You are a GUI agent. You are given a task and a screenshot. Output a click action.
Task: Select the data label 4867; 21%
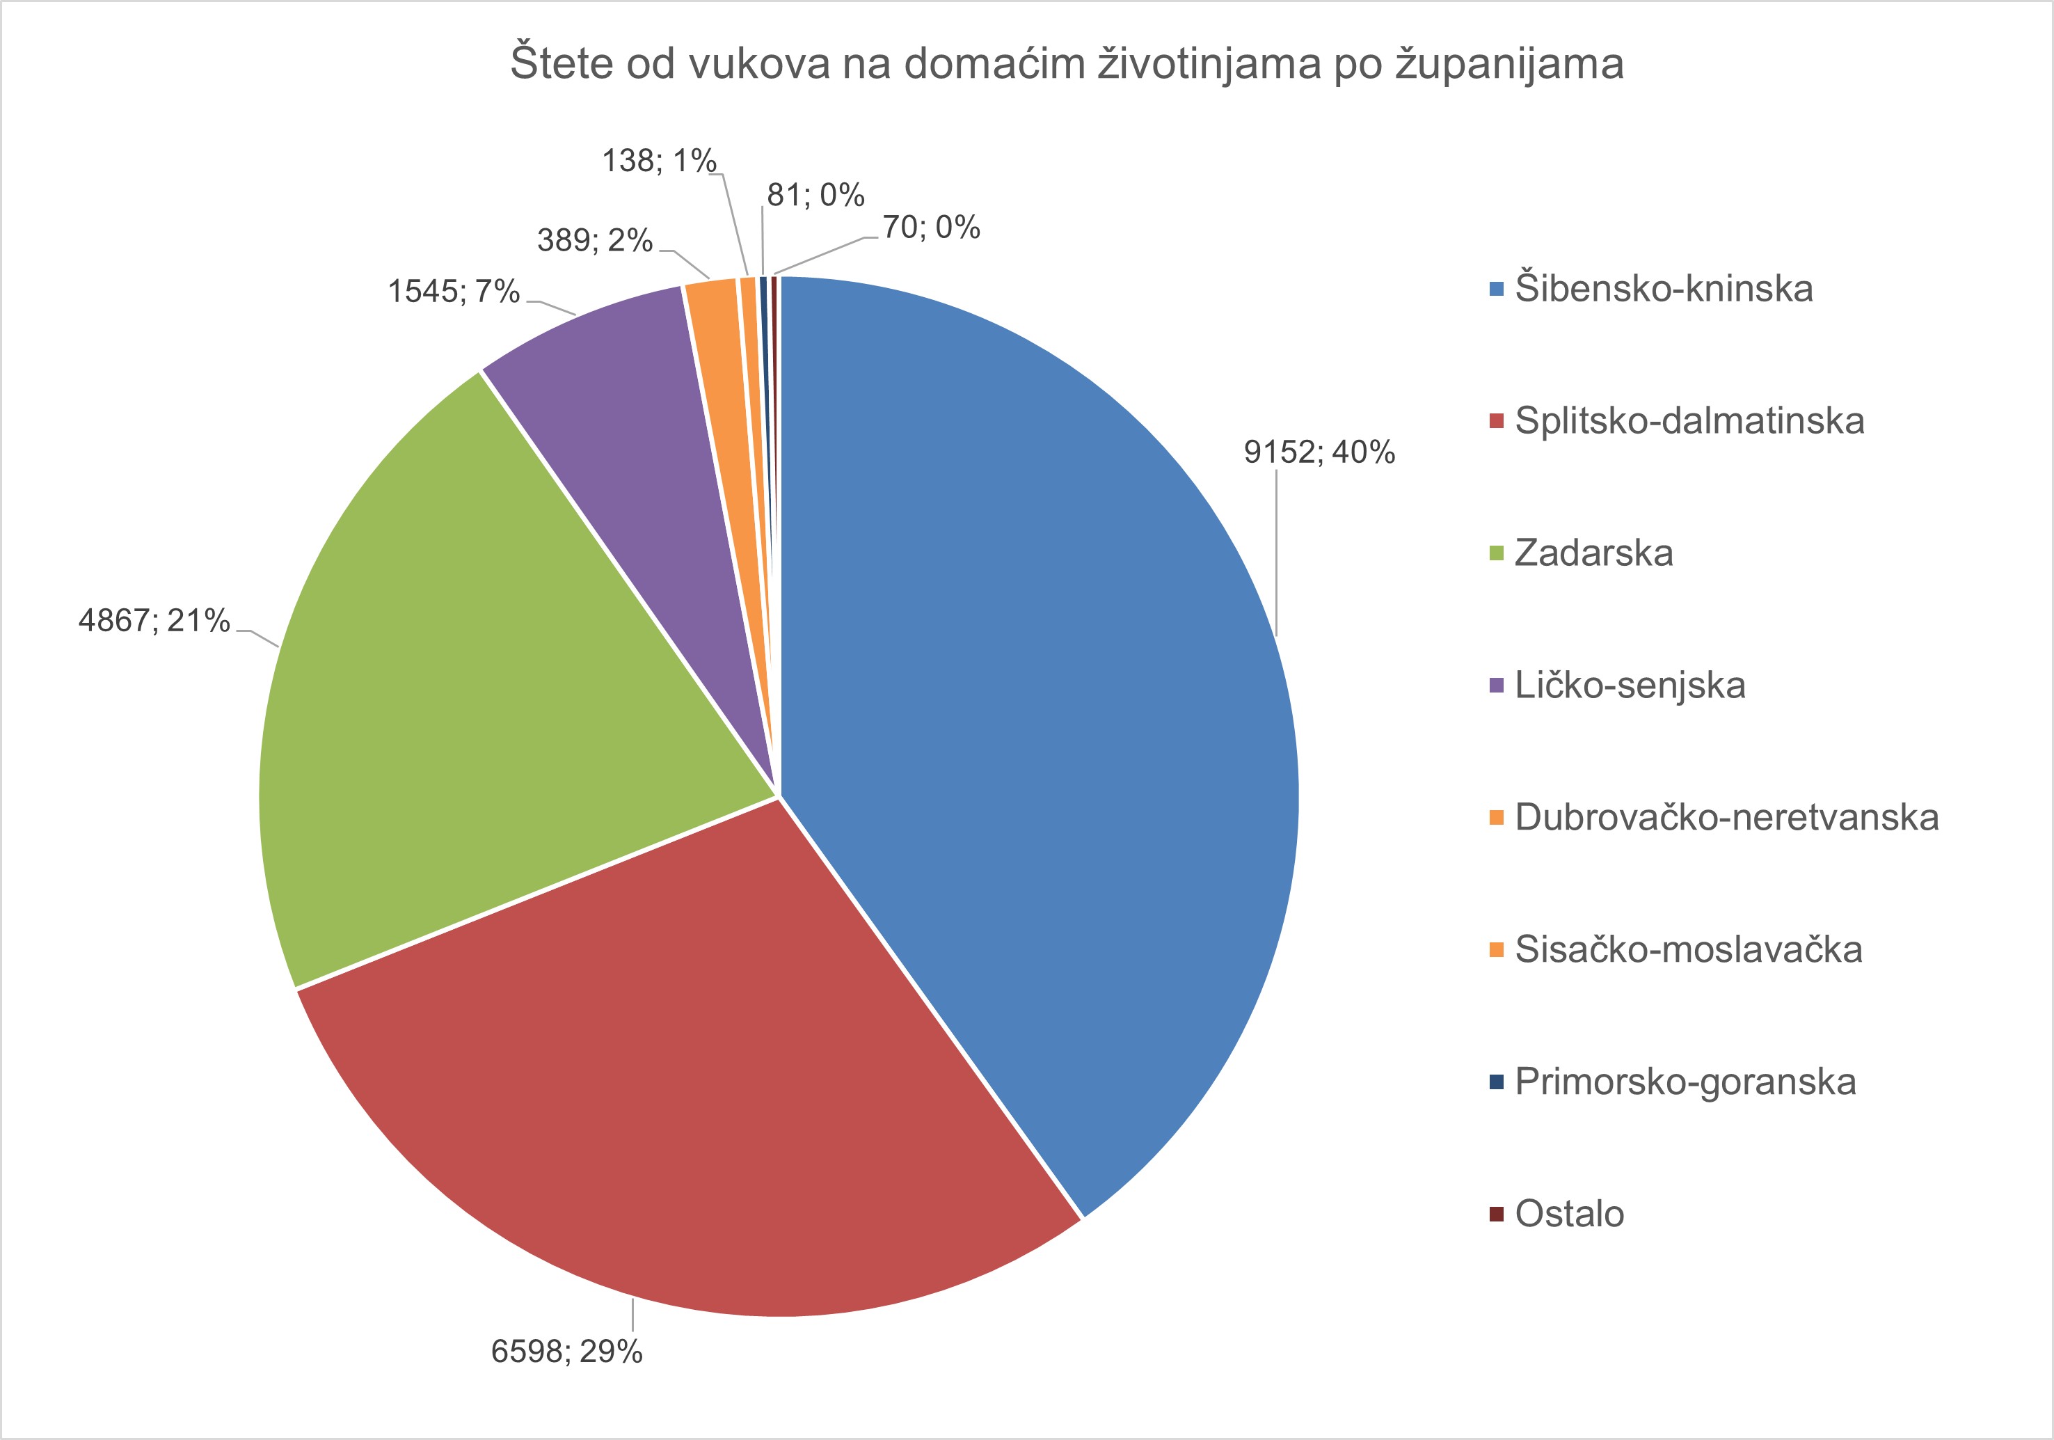pyautogui.click(x=154, y=620)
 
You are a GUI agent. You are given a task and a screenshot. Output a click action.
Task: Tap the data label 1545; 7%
pyautogui.click(x=453, y=292)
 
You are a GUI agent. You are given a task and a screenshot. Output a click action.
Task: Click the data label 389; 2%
pyautogui.click(x=594, y=241)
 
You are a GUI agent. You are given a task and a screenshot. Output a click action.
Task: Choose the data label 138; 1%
pyautogui.click(x=658, y=161)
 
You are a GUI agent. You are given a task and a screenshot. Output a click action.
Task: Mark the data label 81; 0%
pyautogui.click(x=815, y=195)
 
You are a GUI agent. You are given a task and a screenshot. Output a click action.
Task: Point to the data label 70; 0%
pyautogui.click(x=931, y=228)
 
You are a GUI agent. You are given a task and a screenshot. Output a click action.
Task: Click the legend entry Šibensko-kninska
pyautogui.click(x=1663, y=289)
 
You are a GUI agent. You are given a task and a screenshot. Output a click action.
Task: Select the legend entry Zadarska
pyautogui.click(x=1593, y=553)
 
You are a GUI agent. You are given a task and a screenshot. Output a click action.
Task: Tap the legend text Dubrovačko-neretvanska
pyautogui.click(x=1726, y=817)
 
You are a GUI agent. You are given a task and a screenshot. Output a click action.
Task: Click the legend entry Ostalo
pyautogui.click(x=1569, y=1214)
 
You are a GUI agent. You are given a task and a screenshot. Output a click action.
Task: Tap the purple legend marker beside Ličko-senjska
pyautogui.click(x=1497, y=686)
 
